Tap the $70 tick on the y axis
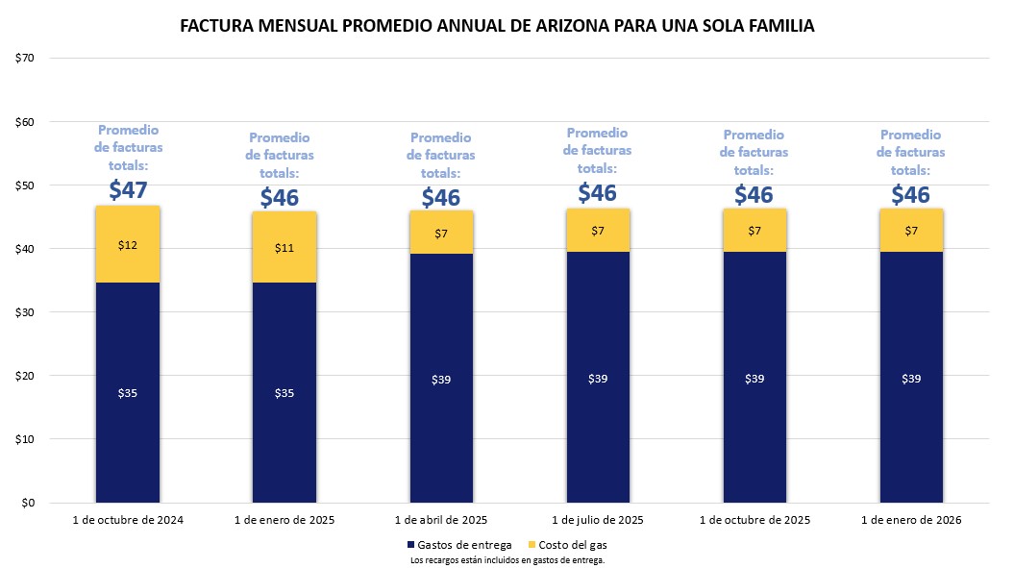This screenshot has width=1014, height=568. (25, 58)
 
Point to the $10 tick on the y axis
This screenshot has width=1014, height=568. (25, 439)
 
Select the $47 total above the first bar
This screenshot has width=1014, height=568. (128, 189)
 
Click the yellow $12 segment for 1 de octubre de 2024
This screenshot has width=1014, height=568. (128, 244)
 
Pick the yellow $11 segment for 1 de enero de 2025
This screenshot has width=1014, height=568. (284, 247)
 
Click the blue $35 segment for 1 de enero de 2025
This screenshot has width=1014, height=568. (284, 392)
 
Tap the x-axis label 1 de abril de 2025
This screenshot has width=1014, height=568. (441, 520)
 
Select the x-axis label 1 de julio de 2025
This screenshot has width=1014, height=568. (598, 520)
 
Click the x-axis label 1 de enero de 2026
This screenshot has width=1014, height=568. (910, 520)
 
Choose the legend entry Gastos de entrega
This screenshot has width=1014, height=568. (459, 545)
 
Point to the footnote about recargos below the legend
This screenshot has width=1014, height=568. (507, 559)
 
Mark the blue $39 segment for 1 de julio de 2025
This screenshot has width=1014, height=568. (598, 378)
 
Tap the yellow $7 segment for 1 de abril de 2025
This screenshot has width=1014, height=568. (441, 233)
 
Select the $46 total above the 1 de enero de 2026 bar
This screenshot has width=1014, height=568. (910, 195)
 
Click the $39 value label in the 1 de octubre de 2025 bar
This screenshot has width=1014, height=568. (754, 378)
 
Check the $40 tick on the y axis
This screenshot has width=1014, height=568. (25, 249)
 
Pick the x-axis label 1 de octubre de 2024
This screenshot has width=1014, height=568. (128, 520)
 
